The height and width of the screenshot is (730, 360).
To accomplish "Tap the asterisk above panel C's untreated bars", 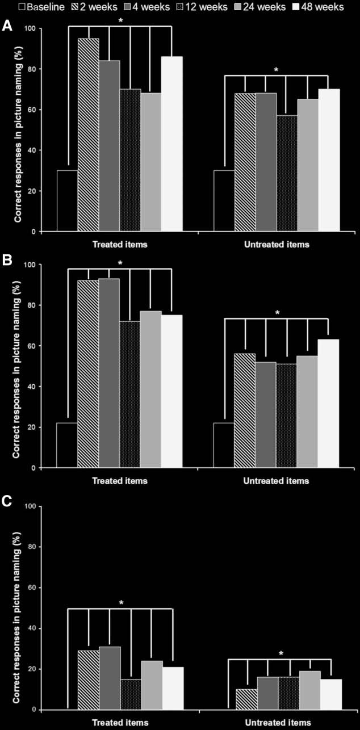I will [x=281, y=654].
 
